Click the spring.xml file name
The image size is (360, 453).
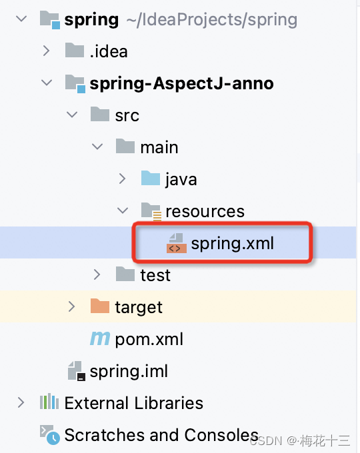[232, 244]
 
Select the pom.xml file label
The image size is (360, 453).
[149, 339]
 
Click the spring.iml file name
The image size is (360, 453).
[129, 371]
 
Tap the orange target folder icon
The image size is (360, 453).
[100, 306]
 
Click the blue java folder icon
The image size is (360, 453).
[151, 178]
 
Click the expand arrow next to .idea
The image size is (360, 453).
[46, 51]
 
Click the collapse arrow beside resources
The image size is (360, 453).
[122, 211]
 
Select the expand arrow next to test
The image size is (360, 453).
[97, 274]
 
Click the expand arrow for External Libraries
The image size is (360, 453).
[21, 402]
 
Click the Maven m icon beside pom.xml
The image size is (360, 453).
[100, 338]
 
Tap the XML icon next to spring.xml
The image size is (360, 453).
[176, 243]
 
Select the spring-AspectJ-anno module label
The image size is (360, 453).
[181, 84]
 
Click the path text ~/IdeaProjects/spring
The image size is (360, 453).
[212, 20]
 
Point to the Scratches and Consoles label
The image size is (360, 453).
[161, 435]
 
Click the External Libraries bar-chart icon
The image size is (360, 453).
[49, 401]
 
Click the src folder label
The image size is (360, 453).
[127, 116]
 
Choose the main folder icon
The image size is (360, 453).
[125, 146]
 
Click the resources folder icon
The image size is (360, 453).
[151, 211]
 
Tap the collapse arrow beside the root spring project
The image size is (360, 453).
[21, 19]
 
